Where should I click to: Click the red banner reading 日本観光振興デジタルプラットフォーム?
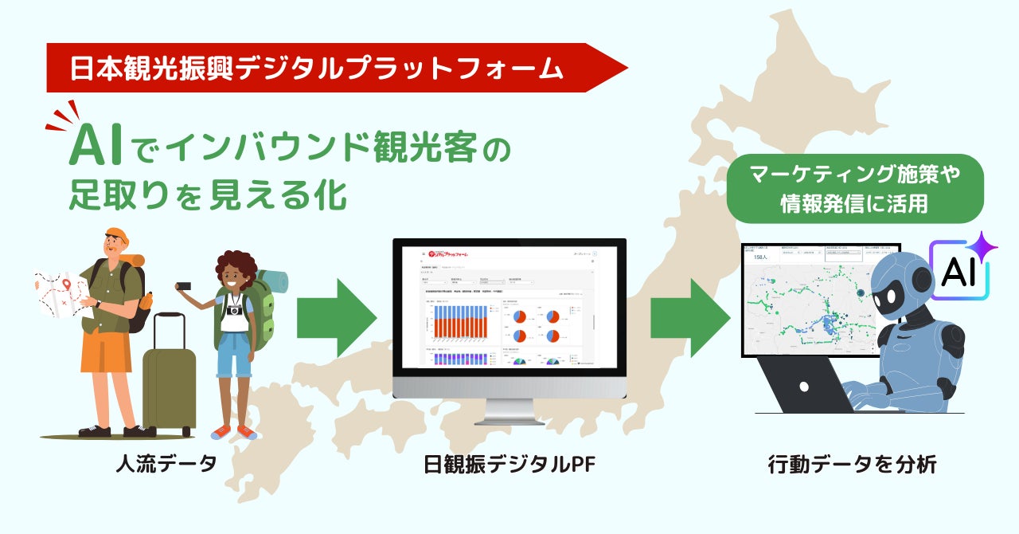coord(318,69)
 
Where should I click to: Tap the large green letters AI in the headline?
coord(99,148)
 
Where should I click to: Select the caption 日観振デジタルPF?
coord(509,464)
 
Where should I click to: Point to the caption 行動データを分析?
coord(852,464)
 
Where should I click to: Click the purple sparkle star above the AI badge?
coord(984,245)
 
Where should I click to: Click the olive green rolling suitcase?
coord(169,383)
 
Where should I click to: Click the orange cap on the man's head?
coord(117,235)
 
